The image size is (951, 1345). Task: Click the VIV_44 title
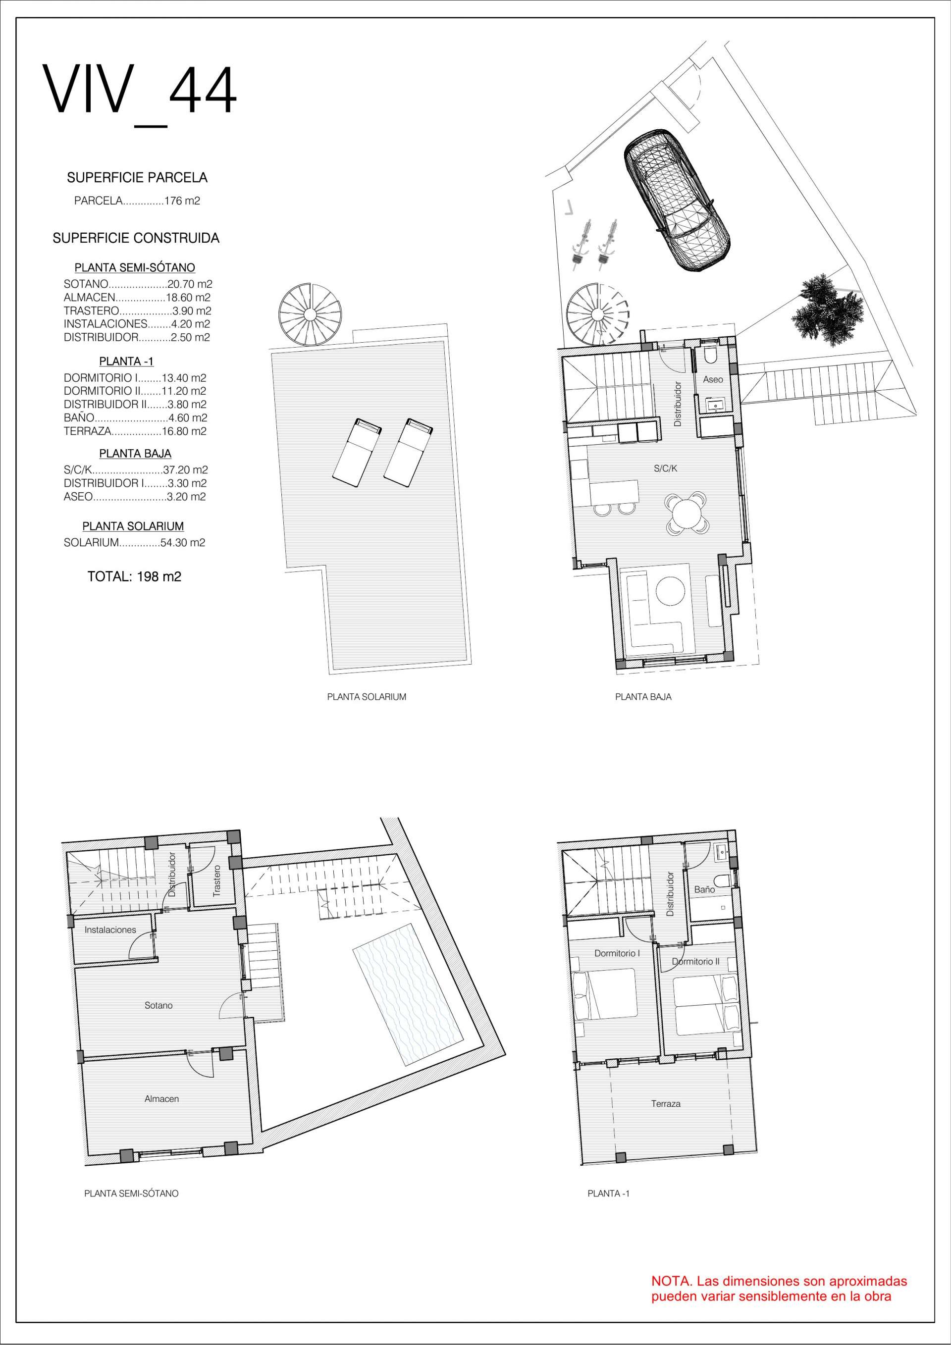(x=140, y=96)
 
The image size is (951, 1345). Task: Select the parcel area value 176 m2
(x=182, y=201)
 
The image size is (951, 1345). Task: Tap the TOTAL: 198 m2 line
(x=134, y=576)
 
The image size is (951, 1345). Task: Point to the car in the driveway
(x=676, y=200)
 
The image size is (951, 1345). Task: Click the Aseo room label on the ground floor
(x=713, y=380)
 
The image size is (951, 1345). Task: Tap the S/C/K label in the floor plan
(x=666, y=468)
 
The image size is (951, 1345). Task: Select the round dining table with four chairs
(x=686, y=513)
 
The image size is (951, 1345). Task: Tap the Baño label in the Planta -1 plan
(x=704, y=889)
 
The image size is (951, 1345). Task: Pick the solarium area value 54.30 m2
(x=183, y=542)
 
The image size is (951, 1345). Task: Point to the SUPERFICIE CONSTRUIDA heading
(x=136, y=238)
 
